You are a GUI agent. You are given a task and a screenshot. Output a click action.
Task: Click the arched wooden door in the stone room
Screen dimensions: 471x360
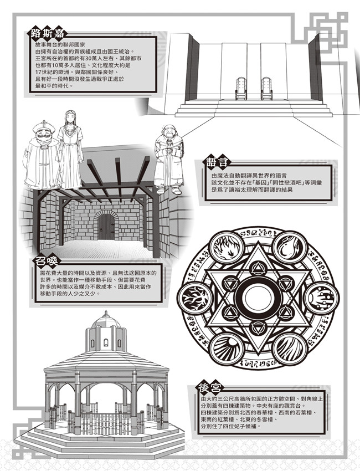106,225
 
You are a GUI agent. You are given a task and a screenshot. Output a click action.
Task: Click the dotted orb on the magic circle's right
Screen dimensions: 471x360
321,298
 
